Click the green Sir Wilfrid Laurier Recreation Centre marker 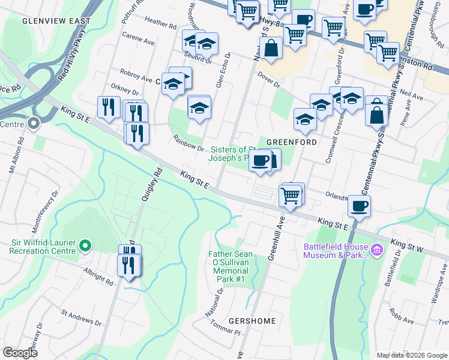point(85,245)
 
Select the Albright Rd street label point(98,277)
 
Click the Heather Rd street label point(160,26)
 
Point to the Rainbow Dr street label point(184,143)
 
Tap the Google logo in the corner point(20,353)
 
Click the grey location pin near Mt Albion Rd point(34,124)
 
